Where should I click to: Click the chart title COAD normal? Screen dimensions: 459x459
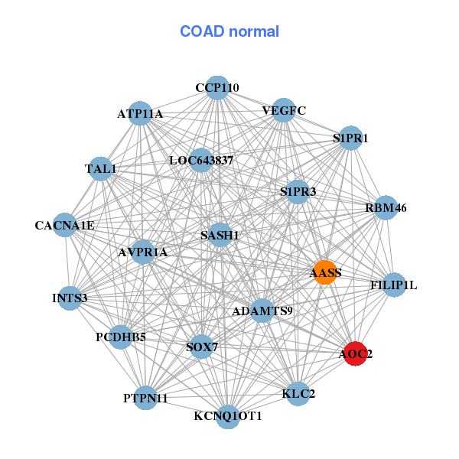(229, 32)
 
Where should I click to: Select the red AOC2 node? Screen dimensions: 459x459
(355, 353)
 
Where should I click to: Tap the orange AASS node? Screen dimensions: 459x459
(326, 272)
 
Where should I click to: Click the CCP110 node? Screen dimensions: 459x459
(217, 88)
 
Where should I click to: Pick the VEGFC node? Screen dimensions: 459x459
(284, 110)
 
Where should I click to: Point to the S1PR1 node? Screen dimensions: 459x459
(350, 138)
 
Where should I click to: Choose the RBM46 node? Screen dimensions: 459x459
(386, 207)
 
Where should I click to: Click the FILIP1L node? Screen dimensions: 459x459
(393, 285)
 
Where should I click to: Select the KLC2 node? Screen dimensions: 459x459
(298, 394)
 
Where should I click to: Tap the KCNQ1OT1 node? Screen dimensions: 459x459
(228, 416)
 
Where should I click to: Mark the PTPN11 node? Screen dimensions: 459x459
(145, 398)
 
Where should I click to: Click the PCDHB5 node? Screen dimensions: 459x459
(121, 337)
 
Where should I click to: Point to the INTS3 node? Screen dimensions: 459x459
(70, 298)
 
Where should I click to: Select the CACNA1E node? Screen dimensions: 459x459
(65, 226)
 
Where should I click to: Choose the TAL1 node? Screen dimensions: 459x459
(101, 168)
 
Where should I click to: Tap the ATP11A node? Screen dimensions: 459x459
(140, 114)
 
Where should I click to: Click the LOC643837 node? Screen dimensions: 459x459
(201, 161)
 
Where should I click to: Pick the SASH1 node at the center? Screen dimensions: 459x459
(220, 236)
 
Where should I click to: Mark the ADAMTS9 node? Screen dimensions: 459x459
(262, 311)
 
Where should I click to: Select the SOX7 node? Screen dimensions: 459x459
(202, 347)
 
